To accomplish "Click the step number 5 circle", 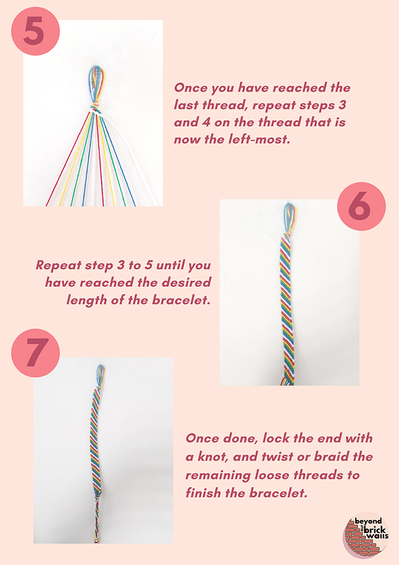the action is tap(35, 31).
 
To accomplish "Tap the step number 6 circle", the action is tap(361, 206).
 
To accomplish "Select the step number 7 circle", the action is tap(35, 353).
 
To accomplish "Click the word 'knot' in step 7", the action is tap(212, 456).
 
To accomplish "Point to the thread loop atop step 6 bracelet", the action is tap(289, 216).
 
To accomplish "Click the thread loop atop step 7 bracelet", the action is tap(100, 374).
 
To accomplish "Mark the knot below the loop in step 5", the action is tap(94, 107).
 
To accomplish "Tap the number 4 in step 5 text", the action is tap(206, 122).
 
